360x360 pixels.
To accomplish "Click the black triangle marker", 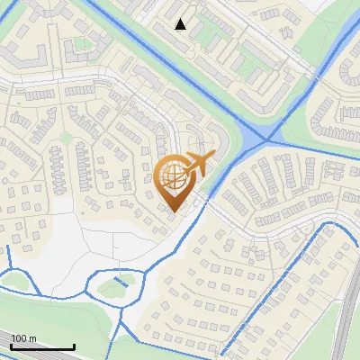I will point(181,24).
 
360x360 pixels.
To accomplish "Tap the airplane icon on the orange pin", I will point(197,164).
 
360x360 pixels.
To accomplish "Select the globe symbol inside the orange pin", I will point(172,175).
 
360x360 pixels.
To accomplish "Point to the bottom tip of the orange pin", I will point(173,212).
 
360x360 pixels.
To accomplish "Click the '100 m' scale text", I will point(23,338).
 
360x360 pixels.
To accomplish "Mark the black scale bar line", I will point(42,346).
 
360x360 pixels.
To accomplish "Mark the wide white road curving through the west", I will point(54,82).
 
